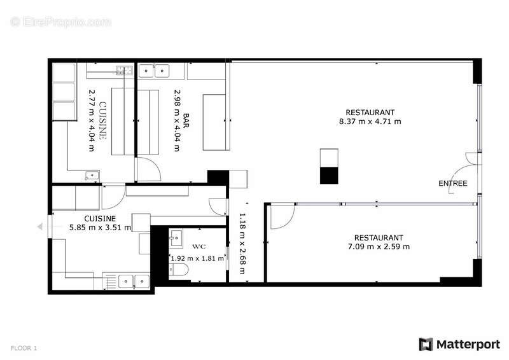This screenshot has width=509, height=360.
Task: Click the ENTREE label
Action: coord(453,184)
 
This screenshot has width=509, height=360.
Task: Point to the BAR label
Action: coord(186,120)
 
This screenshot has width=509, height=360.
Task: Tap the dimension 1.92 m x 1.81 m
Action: coord(197,258)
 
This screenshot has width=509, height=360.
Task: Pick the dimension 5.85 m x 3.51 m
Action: coord(100,227)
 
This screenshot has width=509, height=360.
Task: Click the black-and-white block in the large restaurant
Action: coord(330,166)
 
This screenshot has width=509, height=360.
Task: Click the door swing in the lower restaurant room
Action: coord(280,216)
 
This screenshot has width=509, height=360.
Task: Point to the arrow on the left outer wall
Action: coord(41,226)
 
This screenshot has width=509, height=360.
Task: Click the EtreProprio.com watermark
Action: coord(61,22)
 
